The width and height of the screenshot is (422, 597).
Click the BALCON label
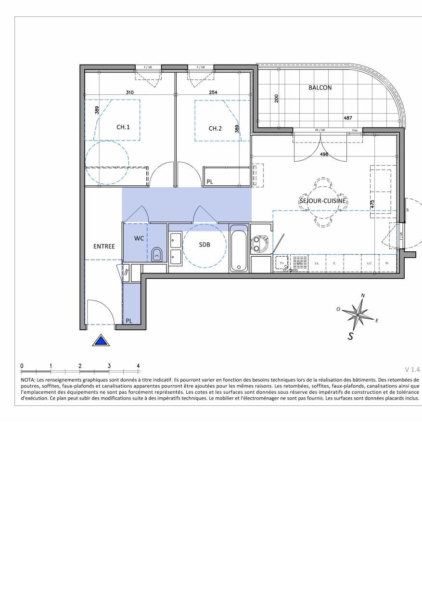(320, 88)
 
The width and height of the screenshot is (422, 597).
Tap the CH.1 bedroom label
(123, 128)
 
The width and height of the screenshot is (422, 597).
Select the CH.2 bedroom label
(215, 128)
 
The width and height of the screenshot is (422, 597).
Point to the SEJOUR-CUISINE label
(323, 201)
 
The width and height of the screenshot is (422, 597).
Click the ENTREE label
(104, 247)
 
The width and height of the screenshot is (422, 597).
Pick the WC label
(139, 238)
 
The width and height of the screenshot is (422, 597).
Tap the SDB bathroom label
(205, 245)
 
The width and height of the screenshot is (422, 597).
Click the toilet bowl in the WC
(157, 255)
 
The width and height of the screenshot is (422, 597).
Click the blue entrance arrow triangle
(101, 341)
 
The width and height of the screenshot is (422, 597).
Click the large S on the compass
(351, 336)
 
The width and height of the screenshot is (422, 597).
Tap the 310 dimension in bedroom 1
(129, 92)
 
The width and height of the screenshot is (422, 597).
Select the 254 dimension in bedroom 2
(213, 92)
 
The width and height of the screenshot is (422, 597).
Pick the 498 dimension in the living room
(324, 155)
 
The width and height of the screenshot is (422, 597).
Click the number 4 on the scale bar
(138, 366)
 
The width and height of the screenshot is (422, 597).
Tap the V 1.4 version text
(412, 370)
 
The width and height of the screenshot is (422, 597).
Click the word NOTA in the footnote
(28, 380)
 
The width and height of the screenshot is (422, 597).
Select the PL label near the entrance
(129, 321)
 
